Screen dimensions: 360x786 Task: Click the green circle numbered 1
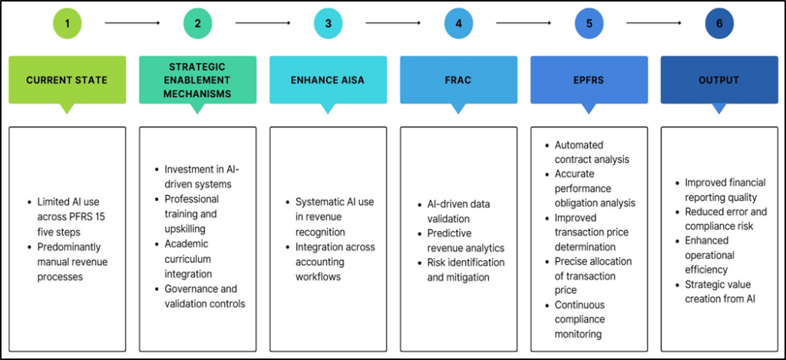point(68,23)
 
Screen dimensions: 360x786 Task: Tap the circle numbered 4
point(458,23)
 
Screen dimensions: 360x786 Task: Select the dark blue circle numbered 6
point(719,23)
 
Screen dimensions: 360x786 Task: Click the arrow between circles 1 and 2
point(132,23)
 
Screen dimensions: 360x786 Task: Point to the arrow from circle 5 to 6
point(654,23)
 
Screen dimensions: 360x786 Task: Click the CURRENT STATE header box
point(67,80)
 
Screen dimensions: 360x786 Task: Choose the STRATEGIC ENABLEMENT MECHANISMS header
point(197,80)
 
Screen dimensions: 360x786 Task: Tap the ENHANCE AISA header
point(328,80)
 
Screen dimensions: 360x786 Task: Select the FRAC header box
point(458,80)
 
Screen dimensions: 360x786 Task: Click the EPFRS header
point(589,80)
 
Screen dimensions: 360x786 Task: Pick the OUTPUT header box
point(719,80)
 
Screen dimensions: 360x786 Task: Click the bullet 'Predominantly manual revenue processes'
point(71,262)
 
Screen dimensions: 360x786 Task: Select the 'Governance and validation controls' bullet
point(204,296)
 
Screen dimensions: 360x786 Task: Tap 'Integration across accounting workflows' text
point(335,262)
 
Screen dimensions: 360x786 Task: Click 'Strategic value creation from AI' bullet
point(721,291)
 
